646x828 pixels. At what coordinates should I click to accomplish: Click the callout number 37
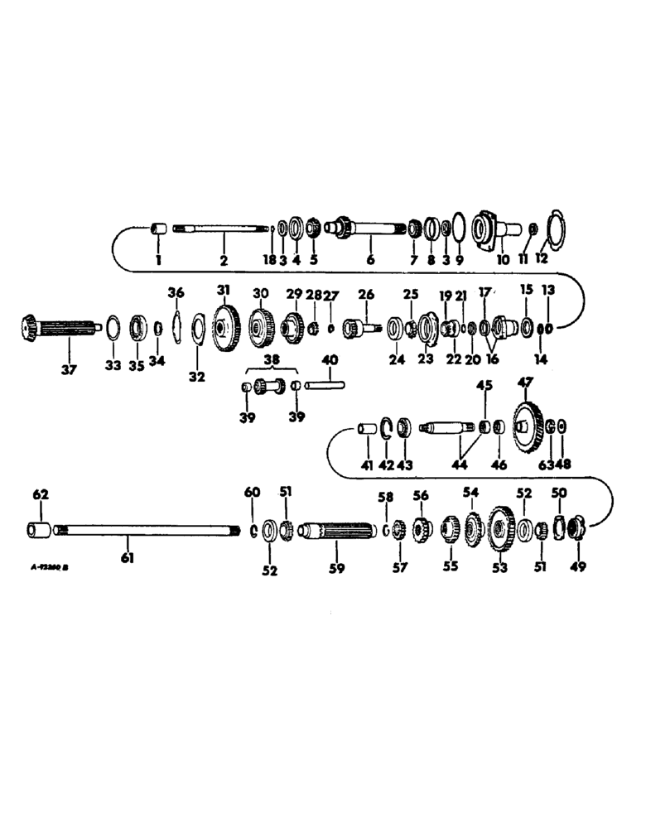pyautogui.click(x=68, y=369)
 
